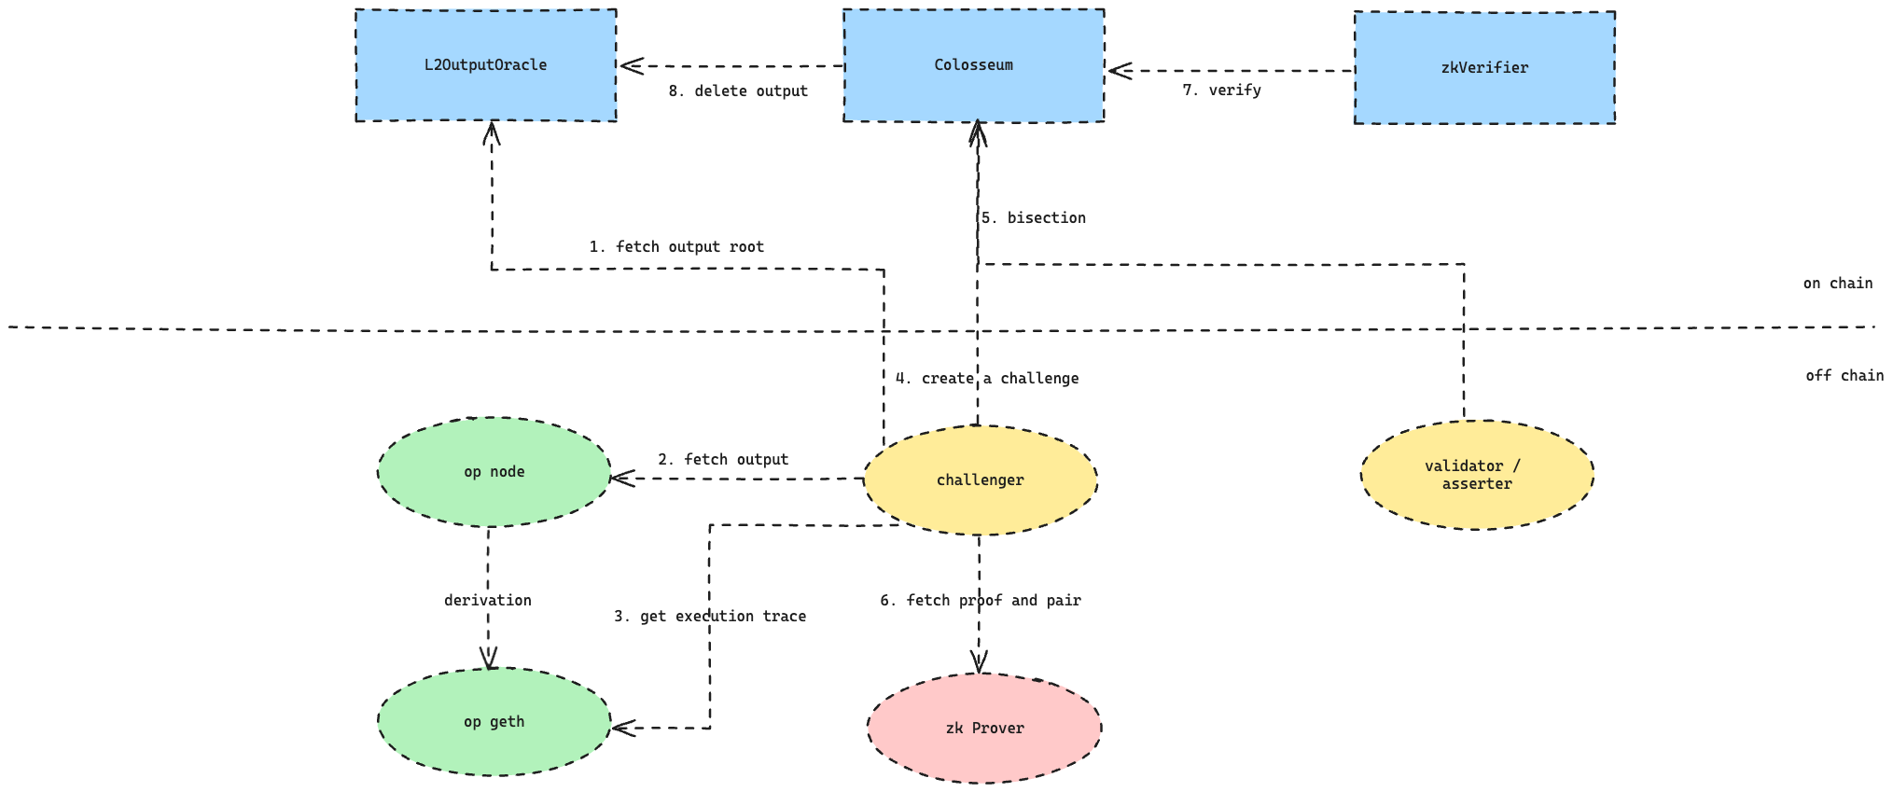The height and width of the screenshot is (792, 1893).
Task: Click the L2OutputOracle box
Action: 485,65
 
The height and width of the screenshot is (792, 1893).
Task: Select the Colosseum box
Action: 973,65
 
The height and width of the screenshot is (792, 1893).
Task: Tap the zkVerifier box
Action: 1484,68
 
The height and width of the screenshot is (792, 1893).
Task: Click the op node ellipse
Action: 494,472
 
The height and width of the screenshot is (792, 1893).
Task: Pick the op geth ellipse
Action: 494,722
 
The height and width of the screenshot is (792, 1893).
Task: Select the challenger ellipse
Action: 980,480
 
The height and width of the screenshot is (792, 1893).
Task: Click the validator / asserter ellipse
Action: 1477,475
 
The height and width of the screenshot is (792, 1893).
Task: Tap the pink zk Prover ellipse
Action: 984,729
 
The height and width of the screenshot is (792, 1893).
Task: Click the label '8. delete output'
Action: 738,91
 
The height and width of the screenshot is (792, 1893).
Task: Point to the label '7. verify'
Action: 1221,90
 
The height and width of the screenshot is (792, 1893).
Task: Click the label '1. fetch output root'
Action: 676,247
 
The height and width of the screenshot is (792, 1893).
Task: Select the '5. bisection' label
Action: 1033,218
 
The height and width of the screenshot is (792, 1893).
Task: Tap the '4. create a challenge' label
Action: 987,379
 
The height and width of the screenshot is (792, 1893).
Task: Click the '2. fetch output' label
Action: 723,460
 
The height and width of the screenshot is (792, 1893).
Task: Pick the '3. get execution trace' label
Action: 710,617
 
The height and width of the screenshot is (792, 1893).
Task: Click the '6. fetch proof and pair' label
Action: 980,601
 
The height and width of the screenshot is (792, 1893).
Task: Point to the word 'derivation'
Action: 487,601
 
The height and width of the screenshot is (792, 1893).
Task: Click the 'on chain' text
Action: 1837,284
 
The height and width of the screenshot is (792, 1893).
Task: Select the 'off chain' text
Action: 1844,376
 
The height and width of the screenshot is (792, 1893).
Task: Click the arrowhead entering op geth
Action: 621,728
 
